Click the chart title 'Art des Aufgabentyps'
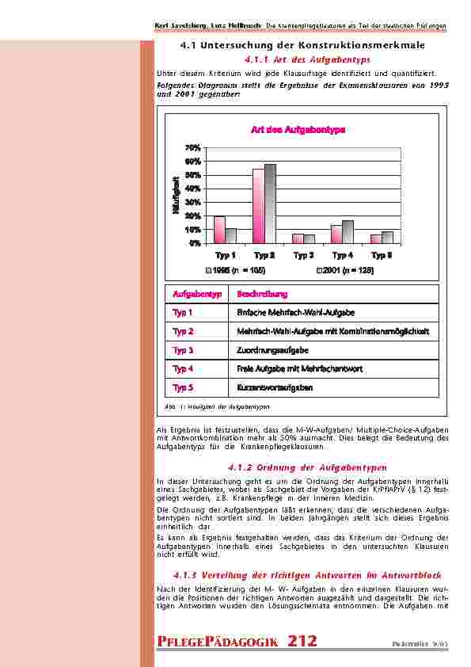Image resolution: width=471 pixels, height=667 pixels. click(x=298, y=130)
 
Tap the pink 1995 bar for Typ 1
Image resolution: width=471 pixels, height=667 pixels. click(x=219, y=229)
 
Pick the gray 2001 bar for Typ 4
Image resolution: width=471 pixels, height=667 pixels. click(x=348, y=231)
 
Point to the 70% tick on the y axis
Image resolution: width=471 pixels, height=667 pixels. click(x=192, y=148)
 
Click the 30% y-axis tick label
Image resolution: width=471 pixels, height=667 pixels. click(x=192, y=202)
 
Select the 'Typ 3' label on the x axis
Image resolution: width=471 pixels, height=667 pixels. click(x=303, y=255)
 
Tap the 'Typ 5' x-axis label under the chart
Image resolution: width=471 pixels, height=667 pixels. click(x=382, y=255)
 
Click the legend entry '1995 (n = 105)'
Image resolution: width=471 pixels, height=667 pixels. click(x=237, y=270)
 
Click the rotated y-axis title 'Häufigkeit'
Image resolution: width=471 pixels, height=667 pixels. click(x=176, y=196)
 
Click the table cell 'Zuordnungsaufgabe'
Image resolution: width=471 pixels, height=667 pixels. click(x=272, y=349)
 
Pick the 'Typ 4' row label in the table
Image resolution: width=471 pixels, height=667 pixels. click(x=183, y=368)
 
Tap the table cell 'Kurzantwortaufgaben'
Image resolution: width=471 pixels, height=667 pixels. click(x=275, y=387)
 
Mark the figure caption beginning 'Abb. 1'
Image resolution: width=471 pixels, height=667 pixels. click(x=215, y=406)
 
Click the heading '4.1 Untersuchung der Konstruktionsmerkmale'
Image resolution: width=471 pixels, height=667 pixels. click(x=303, y=45)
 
